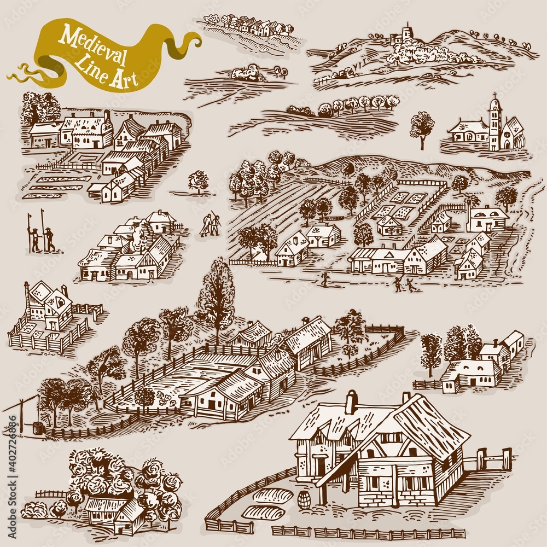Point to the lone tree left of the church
[x=422, y=128]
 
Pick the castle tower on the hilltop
[x=405, y=32]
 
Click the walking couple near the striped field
[x=210, y=225]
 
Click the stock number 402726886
[x=12, y=454]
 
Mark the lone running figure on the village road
[x=325, y=279]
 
